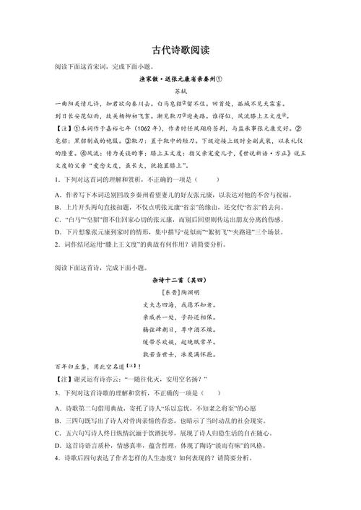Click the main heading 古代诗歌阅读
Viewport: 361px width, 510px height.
(x=180, y=51)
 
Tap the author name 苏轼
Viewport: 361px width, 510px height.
(x=180, y=92)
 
